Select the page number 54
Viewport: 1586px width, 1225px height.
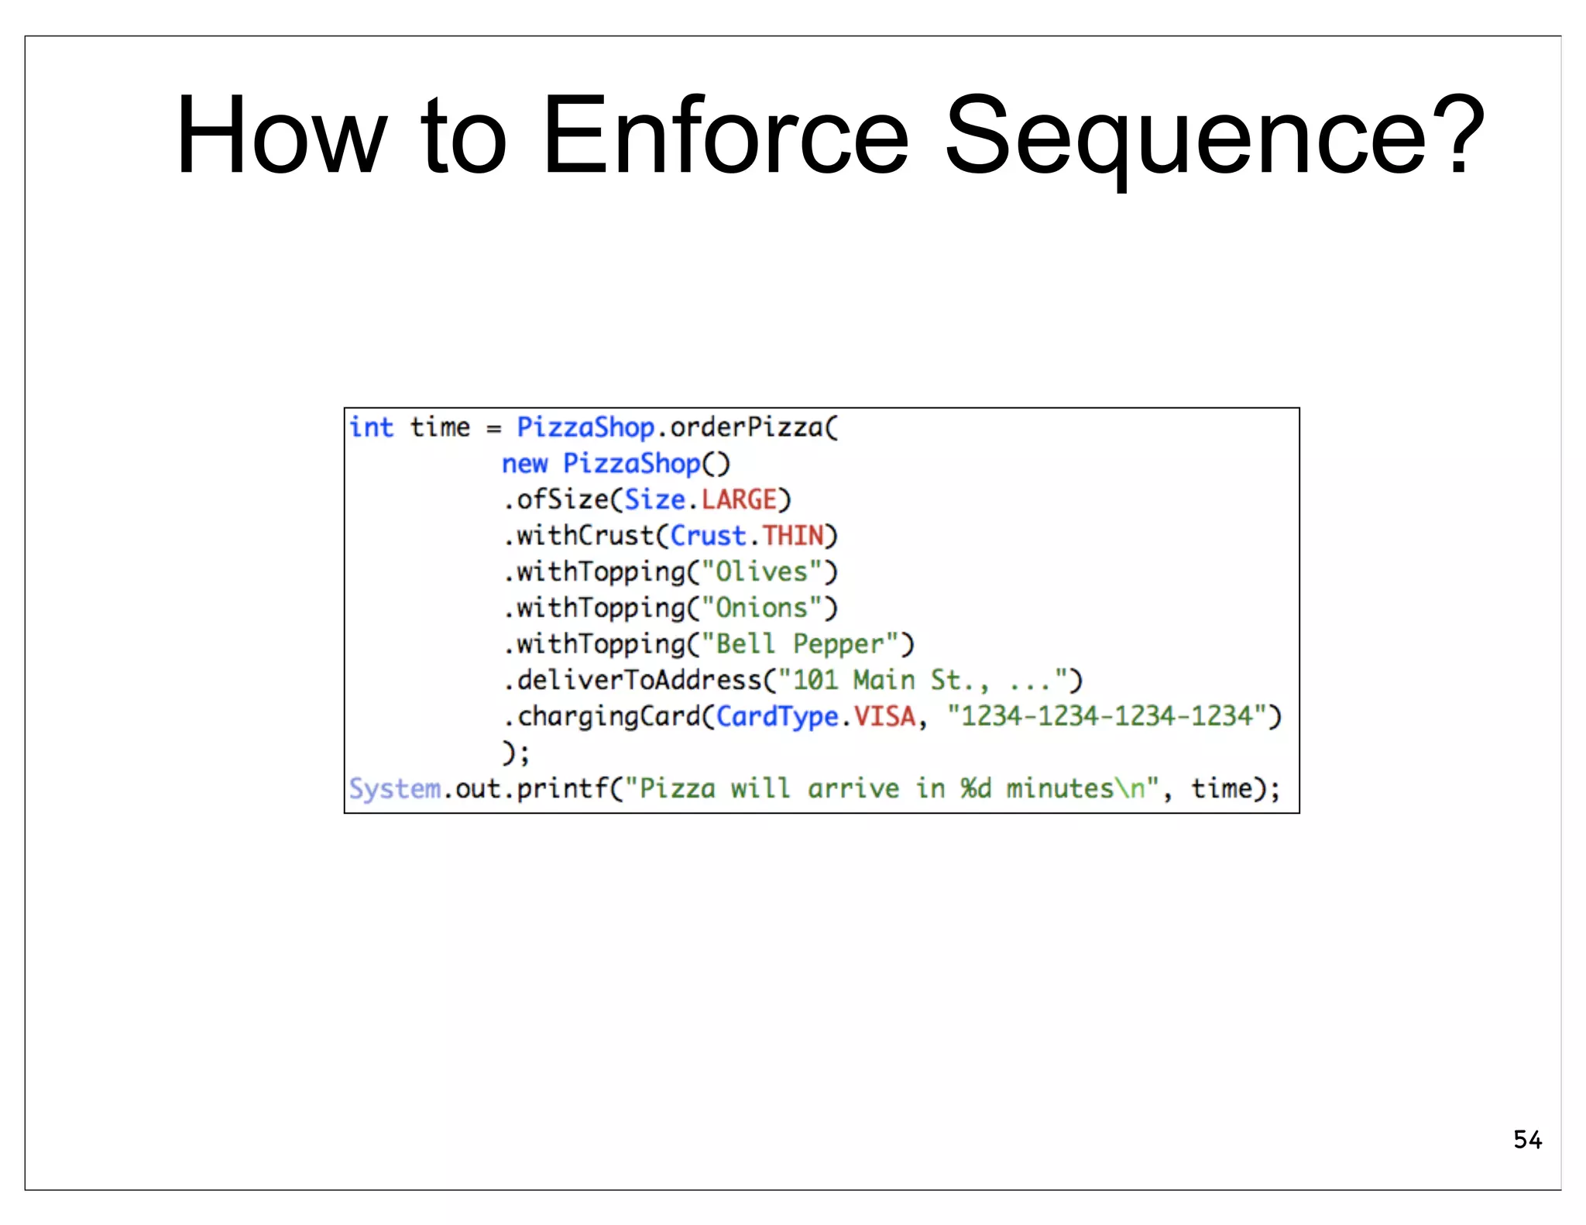[1527, 1140]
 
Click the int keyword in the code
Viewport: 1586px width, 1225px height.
[371, 427]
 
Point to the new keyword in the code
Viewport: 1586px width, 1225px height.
[524, 464]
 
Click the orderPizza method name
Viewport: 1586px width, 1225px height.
[746, 427]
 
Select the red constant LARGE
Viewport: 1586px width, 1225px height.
[739, 499]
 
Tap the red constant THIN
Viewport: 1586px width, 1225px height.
[792, 536]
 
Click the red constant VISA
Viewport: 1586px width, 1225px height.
[884, 716]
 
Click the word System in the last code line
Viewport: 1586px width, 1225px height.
[394, 789]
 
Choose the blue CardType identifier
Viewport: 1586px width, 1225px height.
[777, 716]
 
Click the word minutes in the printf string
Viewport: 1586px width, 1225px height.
[1059, 789]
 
